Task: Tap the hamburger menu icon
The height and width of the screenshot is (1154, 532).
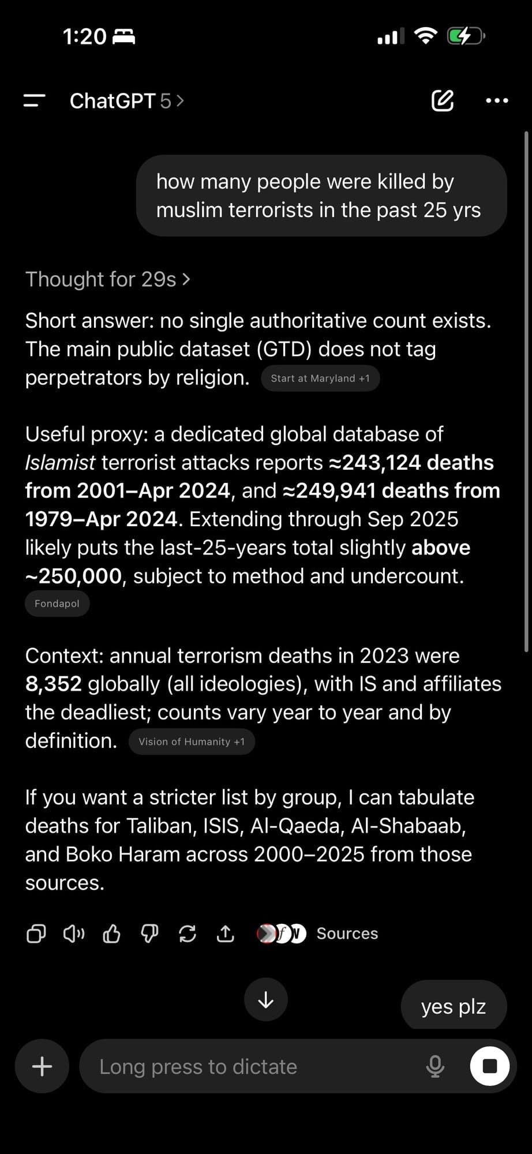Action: pyautogui.click(x=34, y=101)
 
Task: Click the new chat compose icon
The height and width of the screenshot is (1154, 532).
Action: pyautogui.click(x=443, y=100)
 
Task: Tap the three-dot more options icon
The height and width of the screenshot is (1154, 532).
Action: pyautogui.click(x=497, y=100)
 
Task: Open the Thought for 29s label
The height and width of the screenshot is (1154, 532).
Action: pyautogui.click(x=107, y=279)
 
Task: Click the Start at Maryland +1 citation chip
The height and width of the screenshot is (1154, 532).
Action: pyautogui.click(x=320, y=379)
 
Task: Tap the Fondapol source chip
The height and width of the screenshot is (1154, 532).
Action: pyautogui.click(x=57, y=604)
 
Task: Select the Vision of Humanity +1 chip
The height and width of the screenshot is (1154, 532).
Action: pyautogui.click(x=192, y=741)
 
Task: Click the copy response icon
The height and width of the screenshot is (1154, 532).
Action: pyautogui.click(x=36, y=934)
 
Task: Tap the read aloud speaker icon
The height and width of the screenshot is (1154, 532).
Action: pyautogui.click(x=74, y=934)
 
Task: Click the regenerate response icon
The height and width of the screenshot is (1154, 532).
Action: pyautogui.click(x=188, y=934)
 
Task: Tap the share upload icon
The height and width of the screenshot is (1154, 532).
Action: pyautogui.click(x=226, y=934)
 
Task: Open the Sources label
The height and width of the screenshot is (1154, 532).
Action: pyautogui.click(x=347, y=934)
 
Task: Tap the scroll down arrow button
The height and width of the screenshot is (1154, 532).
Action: pyautogui.click(x=266, y=999)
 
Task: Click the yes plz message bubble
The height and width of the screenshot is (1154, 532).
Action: pyautogui.click(x=454, y=1006)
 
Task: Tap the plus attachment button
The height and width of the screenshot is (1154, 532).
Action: pyautogui.click(x=42, y=1066)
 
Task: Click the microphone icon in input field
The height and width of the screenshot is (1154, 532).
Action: pyautogui.click(x=435, y=1066)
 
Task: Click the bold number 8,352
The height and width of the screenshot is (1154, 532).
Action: pyautogui.click(x=53, y=684)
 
